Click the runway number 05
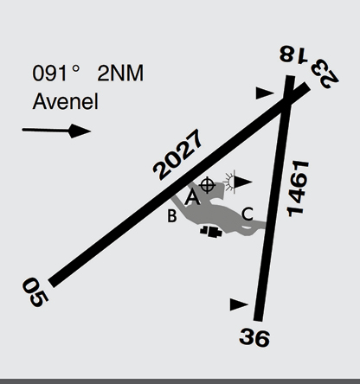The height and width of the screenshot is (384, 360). pyautogui.click(x=35, y=292)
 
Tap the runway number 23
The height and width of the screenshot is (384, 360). pyautogui.click(x=325, y=74)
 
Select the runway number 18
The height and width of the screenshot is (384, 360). pyautogui.click(x=293, y=54)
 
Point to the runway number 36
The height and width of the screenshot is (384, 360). pyautogui.click(x=254, y=337)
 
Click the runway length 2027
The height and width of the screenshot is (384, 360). pyautogui.click(x=177, y=155)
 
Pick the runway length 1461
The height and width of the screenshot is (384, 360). pyautogui.click(x=298, y=189)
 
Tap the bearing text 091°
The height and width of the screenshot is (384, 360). pyautogui.click(x=55, y=74)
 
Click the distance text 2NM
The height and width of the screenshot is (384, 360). pyautogui.click(x=120, y=74)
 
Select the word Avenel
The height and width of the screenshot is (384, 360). pyautogui.click(x=66, y=101)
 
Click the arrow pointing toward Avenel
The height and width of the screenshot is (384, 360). pyautogui.click(x=56, y=131)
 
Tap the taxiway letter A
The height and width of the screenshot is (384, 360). pyautogui.click(x=192, y=197)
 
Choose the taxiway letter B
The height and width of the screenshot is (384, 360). pyautogui.click(x=172, y=215)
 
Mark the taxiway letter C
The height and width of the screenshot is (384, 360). pyautogui.click(x=247, y=214)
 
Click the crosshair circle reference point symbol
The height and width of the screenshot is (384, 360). pyautogui.click(x=208, y=185)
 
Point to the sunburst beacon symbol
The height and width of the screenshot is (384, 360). pyautogui.click(x=229, y=182)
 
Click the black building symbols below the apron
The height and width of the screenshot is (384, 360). pyautogui.click(x=211, y=232)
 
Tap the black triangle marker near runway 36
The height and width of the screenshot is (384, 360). pyautogui.click(x=239, y=304)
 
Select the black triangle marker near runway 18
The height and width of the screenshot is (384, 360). pyautogui.click(x=265, y=93)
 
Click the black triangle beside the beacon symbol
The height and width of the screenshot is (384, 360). pyautogui.click(x=243, y=182)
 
